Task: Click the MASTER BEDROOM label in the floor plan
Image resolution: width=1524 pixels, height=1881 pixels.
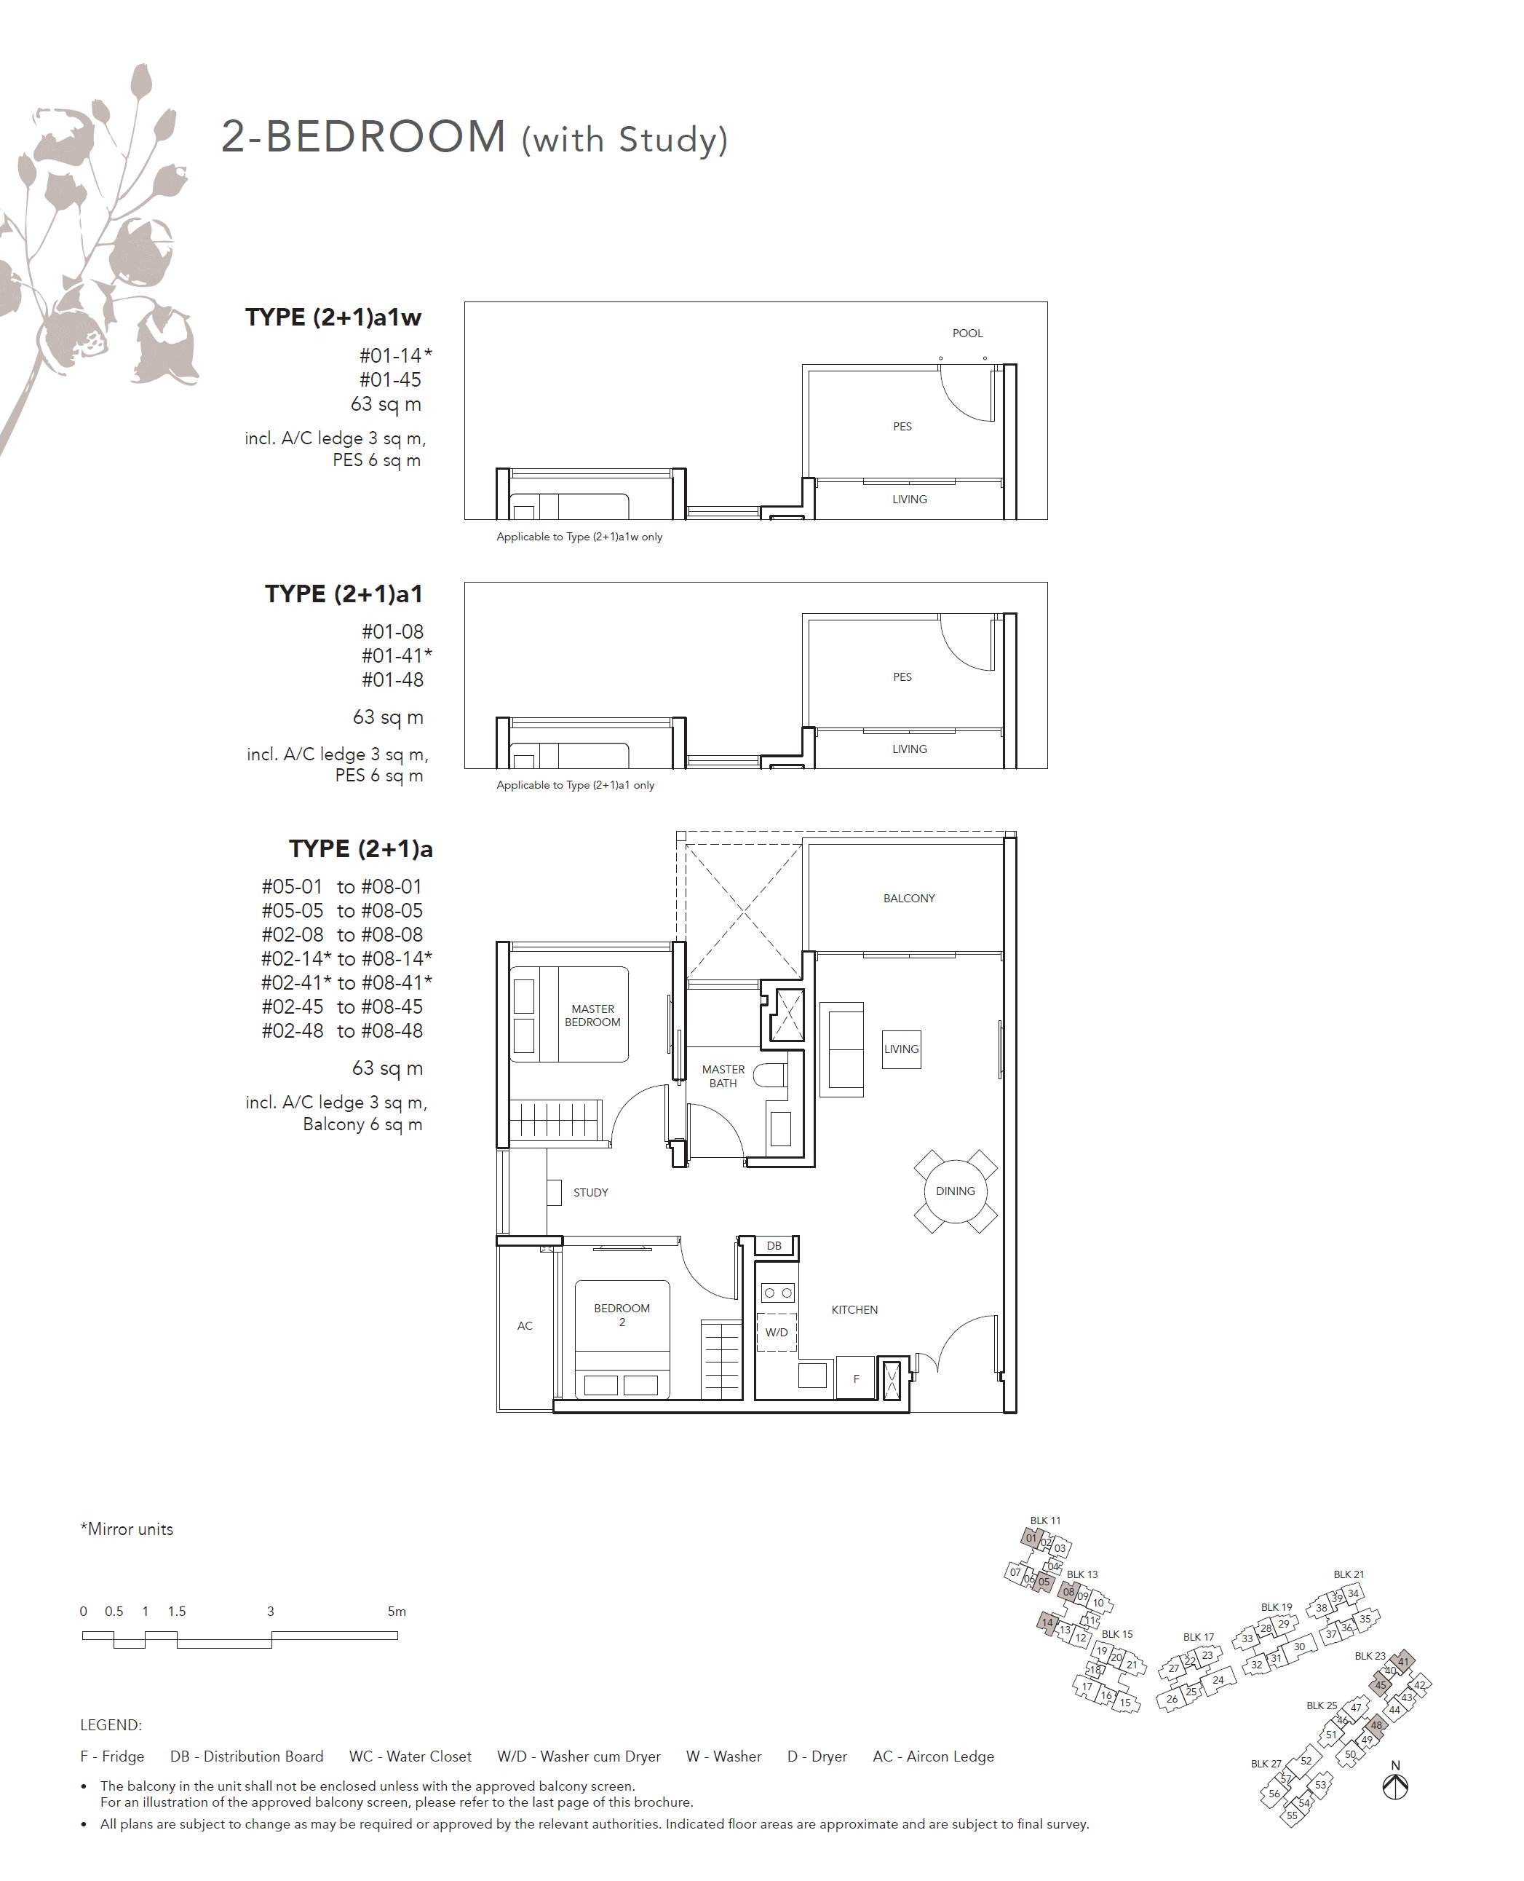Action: click(x=592, y=1015)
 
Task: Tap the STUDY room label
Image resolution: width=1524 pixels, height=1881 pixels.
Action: click(x=591, y=1193)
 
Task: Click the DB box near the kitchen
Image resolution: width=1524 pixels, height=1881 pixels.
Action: click(x=774, y=1245)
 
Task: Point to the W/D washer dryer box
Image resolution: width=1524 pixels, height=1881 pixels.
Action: click(x=776, y=1332)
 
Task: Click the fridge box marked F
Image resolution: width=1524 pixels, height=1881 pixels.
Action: click(x=856, y=1379)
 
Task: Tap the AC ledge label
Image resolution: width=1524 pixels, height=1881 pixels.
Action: click(x=525, y=1326)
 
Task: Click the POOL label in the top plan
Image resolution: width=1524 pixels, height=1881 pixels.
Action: click(x=968, y=334)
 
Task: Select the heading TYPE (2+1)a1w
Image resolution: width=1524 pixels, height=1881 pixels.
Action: click(x=333, y=318)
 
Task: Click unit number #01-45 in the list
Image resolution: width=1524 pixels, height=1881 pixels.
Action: click(x=391, y=380)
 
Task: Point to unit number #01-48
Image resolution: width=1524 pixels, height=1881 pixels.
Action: click(x=392, y=679)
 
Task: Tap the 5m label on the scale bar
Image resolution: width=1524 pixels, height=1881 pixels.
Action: click(x=397, y=1612)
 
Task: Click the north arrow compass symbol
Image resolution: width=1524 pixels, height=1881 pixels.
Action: click(x=1395, y=1787)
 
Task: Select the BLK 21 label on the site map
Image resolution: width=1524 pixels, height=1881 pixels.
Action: click(x=1349, y=1574)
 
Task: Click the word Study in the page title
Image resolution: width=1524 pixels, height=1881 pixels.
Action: click(x=668, y=140)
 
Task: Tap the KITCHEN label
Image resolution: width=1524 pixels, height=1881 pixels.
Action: click(x=855, y=1309)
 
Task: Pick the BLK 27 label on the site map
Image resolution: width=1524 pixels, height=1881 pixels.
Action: click(x=1266, y=1763)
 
